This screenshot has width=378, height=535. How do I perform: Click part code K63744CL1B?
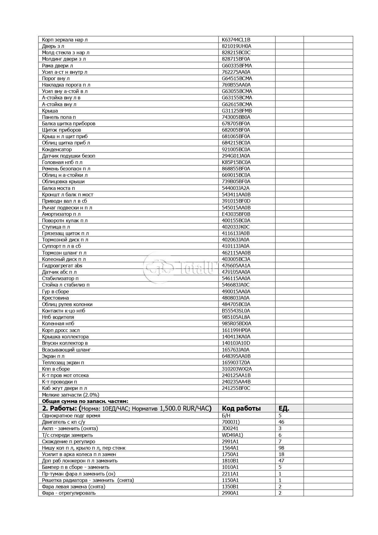[236, 40]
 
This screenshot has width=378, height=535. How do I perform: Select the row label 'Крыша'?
[50, 111]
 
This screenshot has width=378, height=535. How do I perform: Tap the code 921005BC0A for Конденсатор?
[236, 149]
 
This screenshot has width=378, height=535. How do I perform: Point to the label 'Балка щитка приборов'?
[69, 123]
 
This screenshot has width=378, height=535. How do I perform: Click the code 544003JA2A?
[236, 188]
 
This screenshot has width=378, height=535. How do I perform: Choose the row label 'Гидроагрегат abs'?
[62, 266]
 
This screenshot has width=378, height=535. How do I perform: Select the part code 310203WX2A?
[237, 369]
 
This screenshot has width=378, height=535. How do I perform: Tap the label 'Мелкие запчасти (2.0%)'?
[70, 395]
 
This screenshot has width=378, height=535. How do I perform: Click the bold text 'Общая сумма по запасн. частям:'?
[85, 401]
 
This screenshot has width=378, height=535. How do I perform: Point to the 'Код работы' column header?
[241, 408]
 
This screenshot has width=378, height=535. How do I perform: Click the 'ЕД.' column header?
[284, 408]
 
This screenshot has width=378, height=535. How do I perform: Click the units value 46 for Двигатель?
[281, 422]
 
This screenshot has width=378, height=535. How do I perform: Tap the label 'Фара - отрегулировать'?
[69, 493]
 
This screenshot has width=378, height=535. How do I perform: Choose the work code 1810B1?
[230, 461]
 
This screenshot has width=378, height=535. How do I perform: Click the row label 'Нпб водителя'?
[58, 317]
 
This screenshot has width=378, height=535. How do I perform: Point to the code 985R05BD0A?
[237, 323]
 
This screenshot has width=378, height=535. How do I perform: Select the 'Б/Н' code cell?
[226, 416]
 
